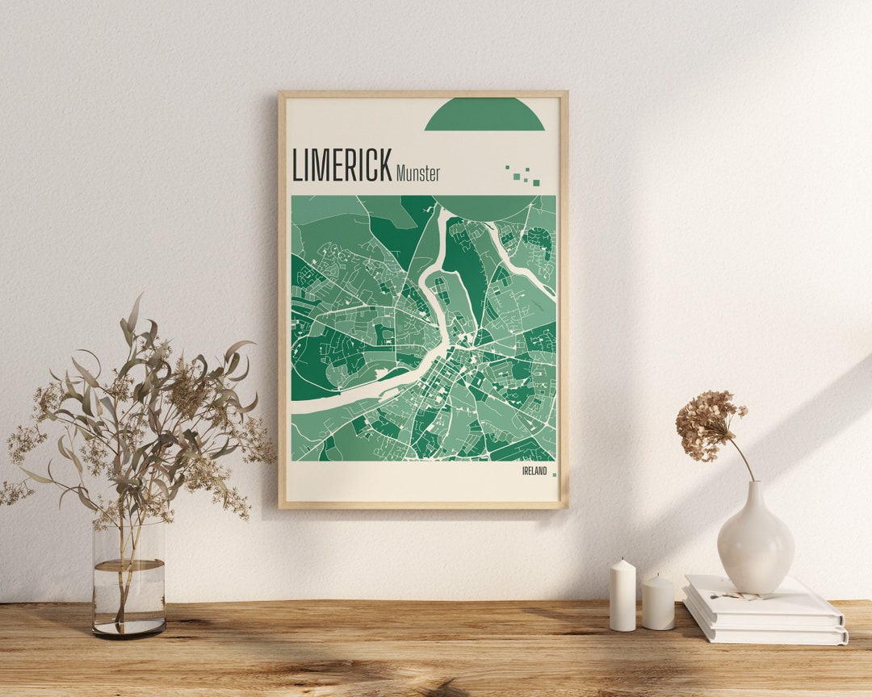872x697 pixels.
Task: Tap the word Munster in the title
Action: click(418, 173)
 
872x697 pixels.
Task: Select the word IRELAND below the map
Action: click(534, 471)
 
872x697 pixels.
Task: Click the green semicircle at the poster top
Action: click(484, 115)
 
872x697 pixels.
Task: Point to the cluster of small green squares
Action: click(523, 175)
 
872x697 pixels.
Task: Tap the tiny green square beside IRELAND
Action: click(554, 474)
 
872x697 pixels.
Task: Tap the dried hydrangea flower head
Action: click(708, 425)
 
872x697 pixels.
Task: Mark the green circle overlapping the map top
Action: click(484, 207)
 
